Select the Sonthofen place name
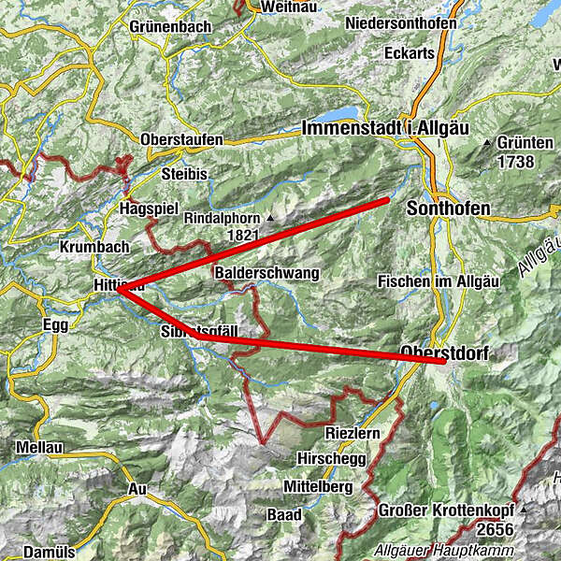(448, 210)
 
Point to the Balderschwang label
(267, 273)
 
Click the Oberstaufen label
(181, 140)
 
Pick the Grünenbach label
(171, 26)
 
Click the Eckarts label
(410, 53)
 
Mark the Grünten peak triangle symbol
(487, 143)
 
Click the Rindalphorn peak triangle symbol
(271, 218)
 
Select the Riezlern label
(352, 435)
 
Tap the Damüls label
(49, 552)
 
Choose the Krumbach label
(90, 248)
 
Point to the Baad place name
(284, 514)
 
